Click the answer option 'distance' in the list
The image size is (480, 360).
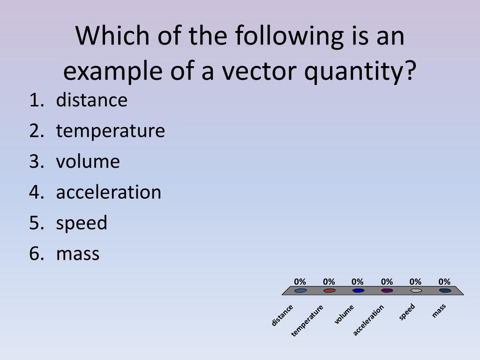pos(91,100)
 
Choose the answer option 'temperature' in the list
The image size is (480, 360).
pos(110,131)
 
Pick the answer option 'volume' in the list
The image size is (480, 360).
pos(88,161)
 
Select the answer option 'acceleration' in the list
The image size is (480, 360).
pos(108,192)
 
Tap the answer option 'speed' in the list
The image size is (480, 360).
pos(82,223)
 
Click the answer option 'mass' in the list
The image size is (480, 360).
pos(78,254)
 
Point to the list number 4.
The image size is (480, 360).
pos(35,192)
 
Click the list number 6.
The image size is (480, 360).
pos(35,254)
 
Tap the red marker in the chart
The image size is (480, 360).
pos(329,291)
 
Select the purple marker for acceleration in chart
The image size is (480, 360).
pos(387,291)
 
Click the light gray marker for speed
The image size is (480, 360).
pos(416,291)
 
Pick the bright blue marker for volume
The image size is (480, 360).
pos(358,291)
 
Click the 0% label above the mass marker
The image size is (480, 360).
pos(444,282)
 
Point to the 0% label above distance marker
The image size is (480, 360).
pos(300,282)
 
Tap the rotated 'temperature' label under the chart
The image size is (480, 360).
pos(307,321)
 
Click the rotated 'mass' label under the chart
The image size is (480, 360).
pos(439,311)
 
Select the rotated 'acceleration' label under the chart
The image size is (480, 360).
pos(368,320)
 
